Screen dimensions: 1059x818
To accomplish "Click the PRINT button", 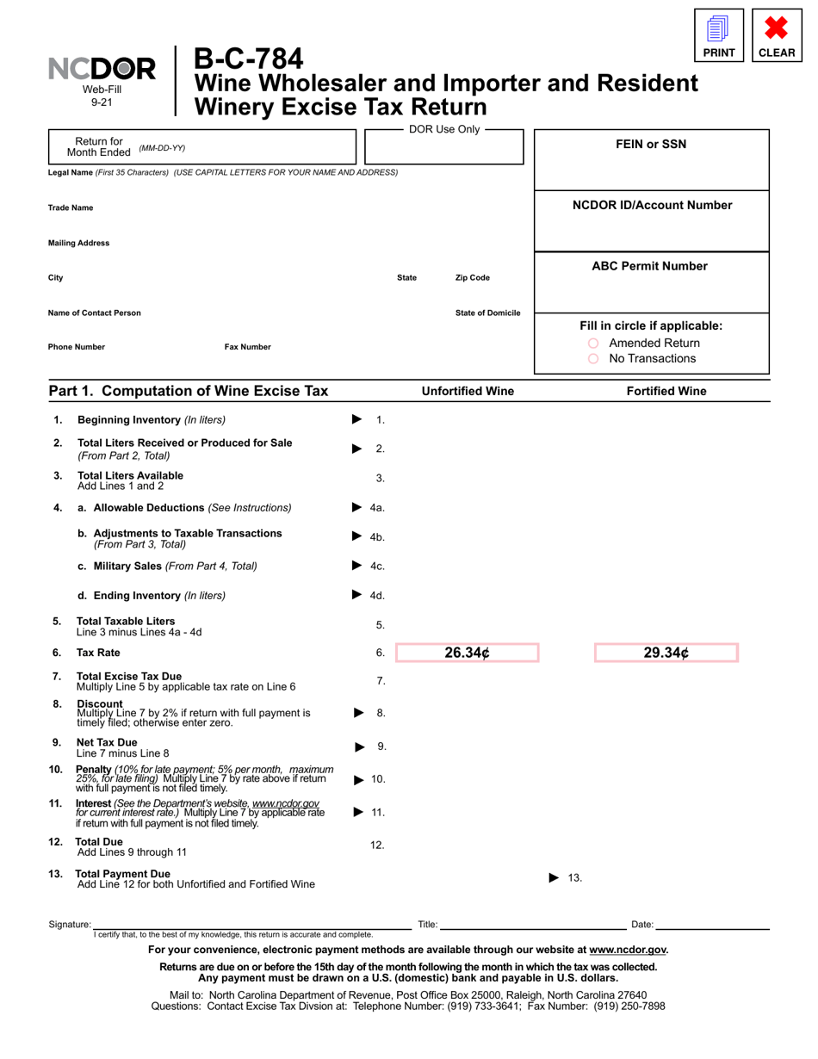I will (x=719, y=36).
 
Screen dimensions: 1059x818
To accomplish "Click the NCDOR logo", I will (x=102, y=70).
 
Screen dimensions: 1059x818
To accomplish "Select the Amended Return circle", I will (x=593, y=344).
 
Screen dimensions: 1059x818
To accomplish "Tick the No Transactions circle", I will (x=593, y=359).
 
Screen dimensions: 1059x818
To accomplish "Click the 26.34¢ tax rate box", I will (x=467, y=653).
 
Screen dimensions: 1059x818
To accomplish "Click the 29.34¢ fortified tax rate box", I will (x=666, y=653).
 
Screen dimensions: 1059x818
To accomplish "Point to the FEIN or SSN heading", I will (x=652, y=145).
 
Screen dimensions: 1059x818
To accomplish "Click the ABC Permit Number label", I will (x=650, y=266).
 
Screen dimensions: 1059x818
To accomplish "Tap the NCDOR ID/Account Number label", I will (x=652, y=205).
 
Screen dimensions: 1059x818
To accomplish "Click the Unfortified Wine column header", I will (x=468, y=391).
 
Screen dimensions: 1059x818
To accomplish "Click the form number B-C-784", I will (x=249, y=59).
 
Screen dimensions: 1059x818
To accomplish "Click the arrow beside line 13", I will (x=555, y=877).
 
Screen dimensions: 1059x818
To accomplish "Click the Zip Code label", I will (x=472, y=278).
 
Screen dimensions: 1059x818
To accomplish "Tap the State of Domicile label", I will (x=487, y=313).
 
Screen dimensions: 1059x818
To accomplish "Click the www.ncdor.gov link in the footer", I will (x=627, y=950).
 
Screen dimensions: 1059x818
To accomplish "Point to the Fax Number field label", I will (x=247, y=347).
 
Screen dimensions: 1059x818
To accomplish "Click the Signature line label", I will (x=70, y=924).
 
